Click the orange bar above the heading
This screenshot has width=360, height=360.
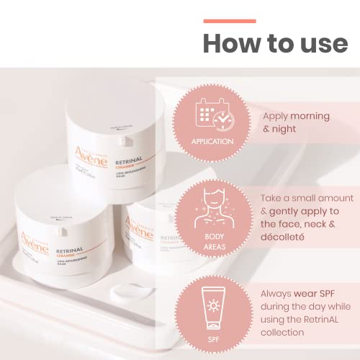tap(229, 21)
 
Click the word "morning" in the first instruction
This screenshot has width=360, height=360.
tap(310, 116)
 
